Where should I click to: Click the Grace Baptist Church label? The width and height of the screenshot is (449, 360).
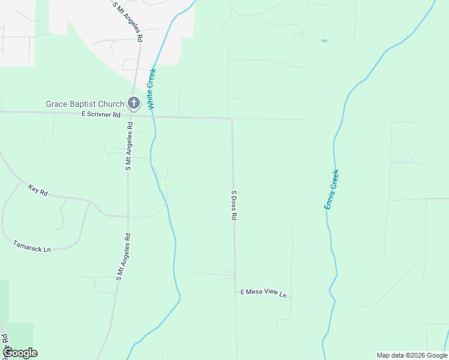coord(85,104)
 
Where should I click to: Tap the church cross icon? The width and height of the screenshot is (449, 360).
coord(134,104)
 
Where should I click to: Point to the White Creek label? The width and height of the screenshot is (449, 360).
coord(151,89)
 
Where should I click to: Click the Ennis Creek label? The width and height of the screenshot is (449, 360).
coord(332,189)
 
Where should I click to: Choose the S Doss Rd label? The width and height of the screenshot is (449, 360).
coord(234,205)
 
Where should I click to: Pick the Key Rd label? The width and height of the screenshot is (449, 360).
coord(37,190)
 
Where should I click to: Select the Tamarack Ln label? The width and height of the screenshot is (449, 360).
coord(32,245)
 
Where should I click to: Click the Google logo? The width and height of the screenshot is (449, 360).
coord(20,353)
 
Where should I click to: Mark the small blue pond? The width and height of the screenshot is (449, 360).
coord(324,41)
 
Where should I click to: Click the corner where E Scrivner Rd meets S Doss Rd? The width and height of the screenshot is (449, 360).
coord(232,118)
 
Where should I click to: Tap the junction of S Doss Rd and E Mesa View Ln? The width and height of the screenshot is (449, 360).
coord(235,292)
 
